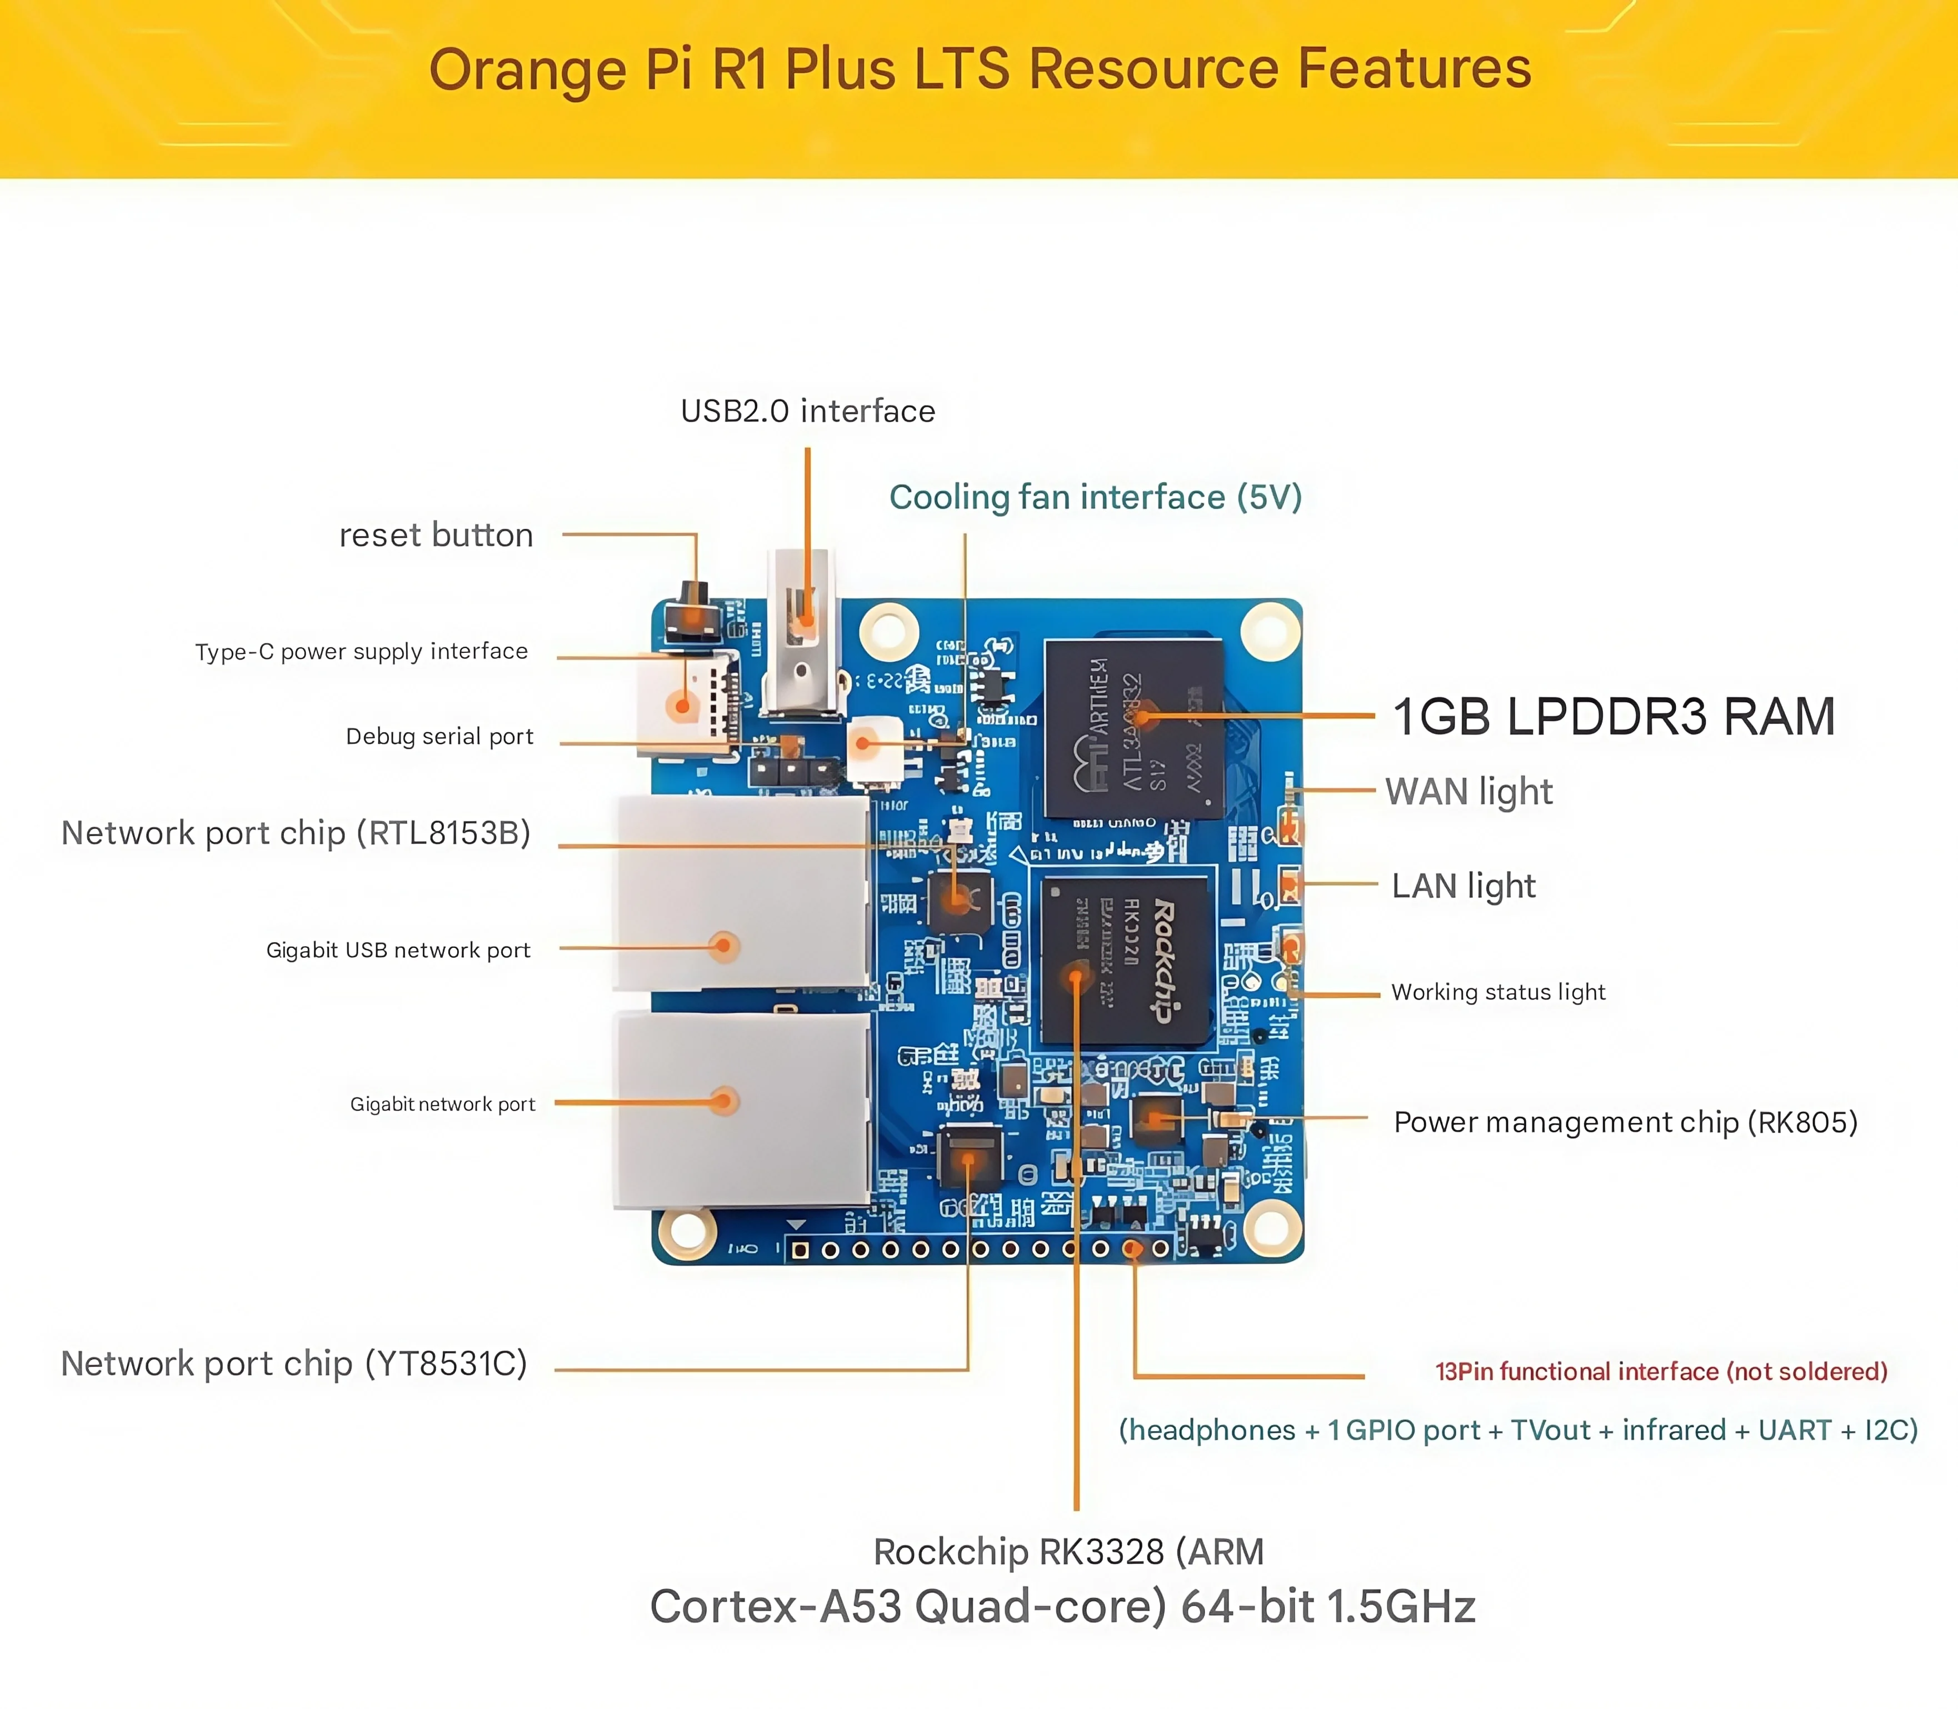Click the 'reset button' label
tap(436, 535)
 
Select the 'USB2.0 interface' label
tap(808, 411)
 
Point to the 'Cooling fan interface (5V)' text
tap(1095, 497)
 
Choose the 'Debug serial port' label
tap(439, 736)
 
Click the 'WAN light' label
tap(1468, 792)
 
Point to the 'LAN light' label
tap(1463, 886)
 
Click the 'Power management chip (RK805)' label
tap(1625, 1122)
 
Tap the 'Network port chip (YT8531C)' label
tap(294, 1364)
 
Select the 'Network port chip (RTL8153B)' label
tap(296, 833)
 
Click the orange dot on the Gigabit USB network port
tap(724, 946)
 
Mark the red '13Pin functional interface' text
tap(1660, 1371)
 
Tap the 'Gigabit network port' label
tap(442, 1105)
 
